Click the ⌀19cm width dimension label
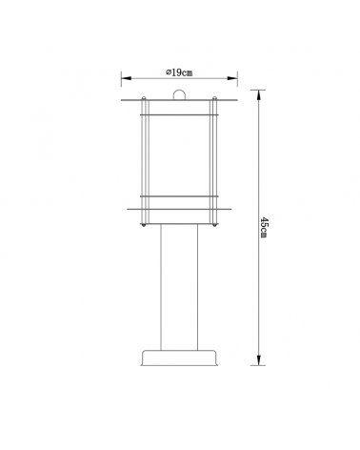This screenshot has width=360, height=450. (x=179, y=72)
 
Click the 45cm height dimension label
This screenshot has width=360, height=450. (x=264, y=227)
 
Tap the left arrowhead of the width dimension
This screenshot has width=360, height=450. (x=127, y=78)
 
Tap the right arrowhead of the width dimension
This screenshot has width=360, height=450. (x=232, y=78)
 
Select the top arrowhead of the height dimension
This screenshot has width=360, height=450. (x=259, y=95)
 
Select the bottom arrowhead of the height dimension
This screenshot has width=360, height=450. (x=259, y=360)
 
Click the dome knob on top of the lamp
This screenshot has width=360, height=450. (x=179, y=95)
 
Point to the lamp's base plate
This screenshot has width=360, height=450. (x=179, y=358)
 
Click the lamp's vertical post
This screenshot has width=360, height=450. (x=179, y=287)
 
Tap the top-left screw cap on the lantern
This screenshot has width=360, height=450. (x=144, y=98)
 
